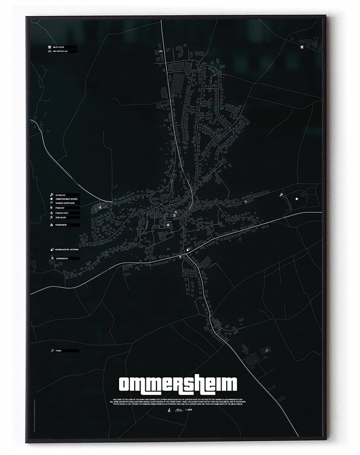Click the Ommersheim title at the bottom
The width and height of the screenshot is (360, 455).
[178, 384]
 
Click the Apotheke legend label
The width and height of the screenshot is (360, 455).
[67, 249]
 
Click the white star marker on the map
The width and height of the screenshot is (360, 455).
[297, 199]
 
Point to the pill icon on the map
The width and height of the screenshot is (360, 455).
[188, 250]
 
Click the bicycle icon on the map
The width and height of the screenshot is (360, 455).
[161, 51]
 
